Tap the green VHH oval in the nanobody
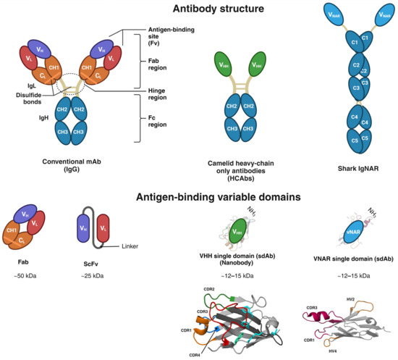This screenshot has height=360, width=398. click(x=236, y=235)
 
